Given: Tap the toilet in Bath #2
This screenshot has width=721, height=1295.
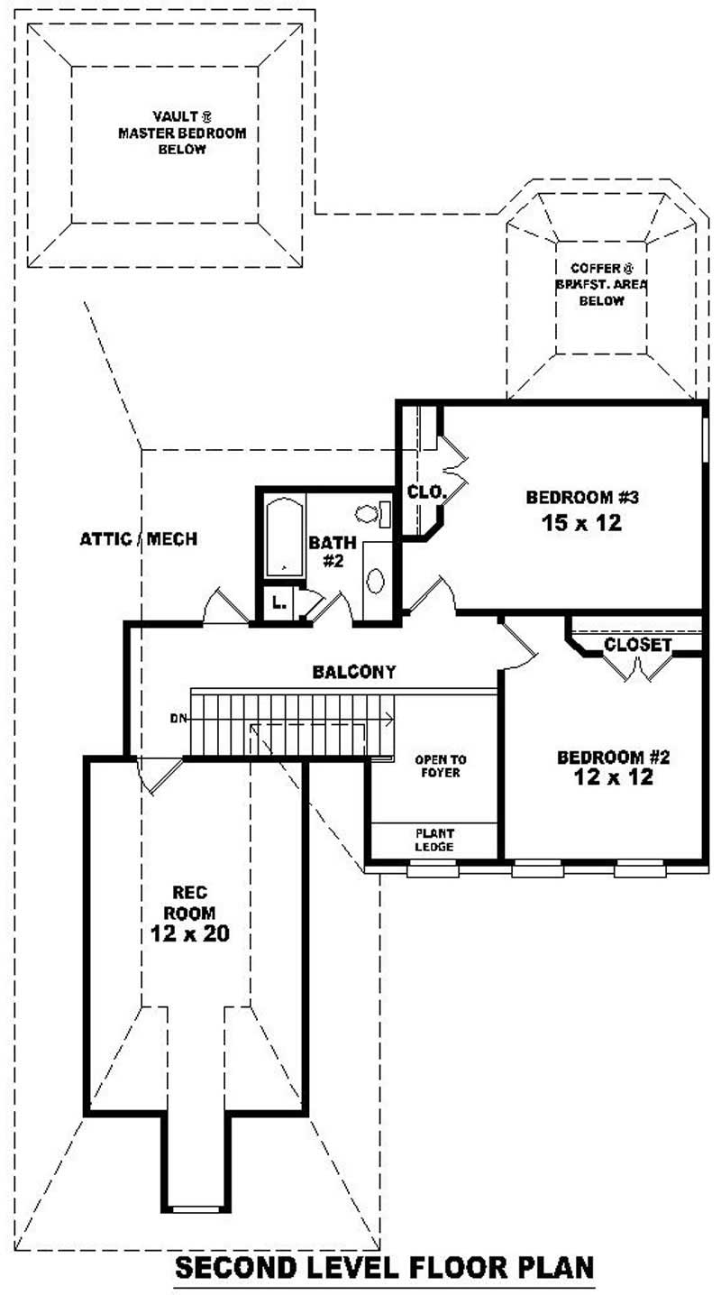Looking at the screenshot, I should click(x=369, y=514).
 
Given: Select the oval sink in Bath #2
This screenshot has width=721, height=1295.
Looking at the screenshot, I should click(x=377, y=580).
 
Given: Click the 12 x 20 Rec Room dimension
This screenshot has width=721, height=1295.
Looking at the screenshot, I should click(x=189, y=934).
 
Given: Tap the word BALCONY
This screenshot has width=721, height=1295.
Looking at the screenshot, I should click(x=354, y=672).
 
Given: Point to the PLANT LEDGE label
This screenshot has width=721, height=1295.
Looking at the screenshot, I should click(x=434, y=840).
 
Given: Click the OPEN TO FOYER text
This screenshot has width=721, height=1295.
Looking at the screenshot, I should click(x=441, y=766).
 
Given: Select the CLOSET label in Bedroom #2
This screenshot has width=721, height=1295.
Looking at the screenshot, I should click(x=637, y=645).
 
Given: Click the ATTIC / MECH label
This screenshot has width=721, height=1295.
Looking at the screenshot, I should click(x=139, y=539).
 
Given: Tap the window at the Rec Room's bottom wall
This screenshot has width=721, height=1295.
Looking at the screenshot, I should click(x=196, y=1208).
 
